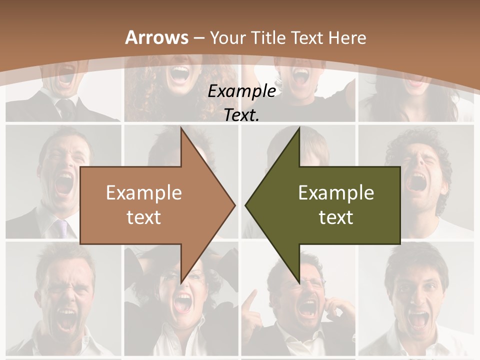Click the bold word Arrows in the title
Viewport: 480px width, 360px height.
[157, 37]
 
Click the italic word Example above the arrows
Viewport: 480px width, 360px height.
[241, 91]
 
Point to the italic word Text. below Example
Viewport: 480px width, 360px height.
[241, 115]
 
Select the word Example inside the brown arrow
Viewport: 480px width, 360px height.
[144, 193]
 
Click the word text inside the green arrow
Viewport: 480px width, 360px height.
[336, 217]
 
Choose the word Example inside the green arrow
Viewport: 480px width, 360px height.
[336, 193]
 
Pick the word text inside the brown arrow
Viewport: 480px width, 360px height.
[144, 217]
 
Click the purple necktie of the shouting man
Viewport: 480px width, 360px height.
[61, 228]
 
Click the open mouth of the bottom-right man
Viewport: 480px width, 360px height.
[418, 318]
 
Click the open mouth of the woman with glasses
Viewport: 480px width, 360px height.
[182, 302]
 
